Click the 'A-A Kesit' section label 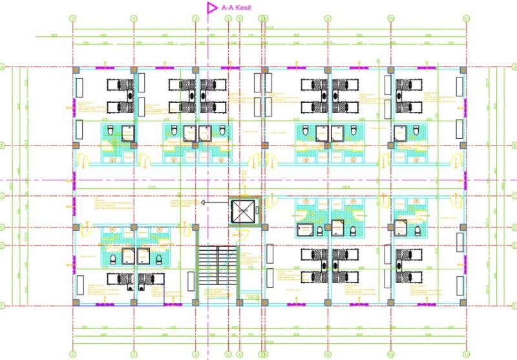(x=235, y=8)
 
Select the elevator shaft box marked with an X (x=244, y=211)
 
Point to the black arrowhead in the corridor (x=203, y=202)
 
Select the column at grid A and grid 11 (x=462, y=69)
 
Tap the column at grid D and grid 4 (x=195, y=227)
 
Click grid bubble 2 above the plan (x=73, y=18)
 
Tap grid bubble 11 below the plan (x=465, y=354)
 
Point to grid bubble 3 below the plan (x=134, y=354)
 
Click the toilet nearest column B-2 (x=111, y=132)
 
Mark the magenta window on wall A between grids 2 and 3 (x=103, y=66)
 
